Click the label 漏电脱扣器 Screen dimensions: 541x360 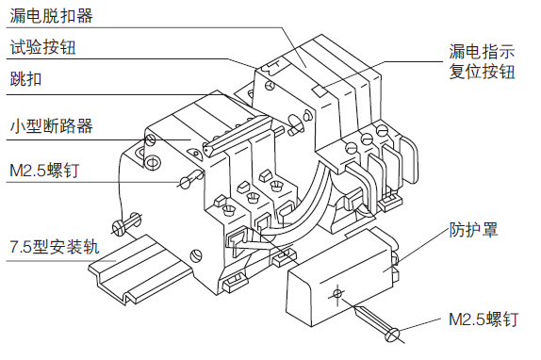[x=51, y=16]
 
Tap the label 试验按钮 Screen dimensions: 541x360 [x=42, y=47]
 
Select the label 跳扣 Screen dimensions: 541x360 [x=25, y=79]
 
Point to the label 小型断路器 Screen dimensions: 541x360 [x=51, y=126]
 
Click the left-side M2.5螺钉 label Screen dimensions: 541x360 [x=44, y=170]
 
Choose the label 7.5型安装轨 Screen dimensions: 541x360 [x=55, y=247]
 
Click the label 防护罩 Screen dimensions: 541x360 [x=473, y=229]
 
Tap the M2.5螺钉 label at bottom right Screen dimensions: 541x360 [x=484, y=319]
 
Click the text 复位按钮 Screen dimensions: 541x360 [x=482, y=72]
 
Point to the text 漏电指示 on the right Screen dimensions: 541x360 [x=482, y=52]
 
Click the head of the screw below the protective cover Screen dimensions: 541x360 [x=392, y=335]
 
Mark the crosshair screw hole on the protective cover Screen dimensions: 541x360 [x=337, y=294]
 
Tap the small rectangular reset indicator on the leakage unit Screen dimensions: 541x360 [x=320, y=91]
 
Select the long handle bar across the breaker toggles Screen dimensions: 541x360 [x=238, y=136]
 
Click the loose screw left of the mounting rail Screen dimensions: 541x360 [x=126, y=223]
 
